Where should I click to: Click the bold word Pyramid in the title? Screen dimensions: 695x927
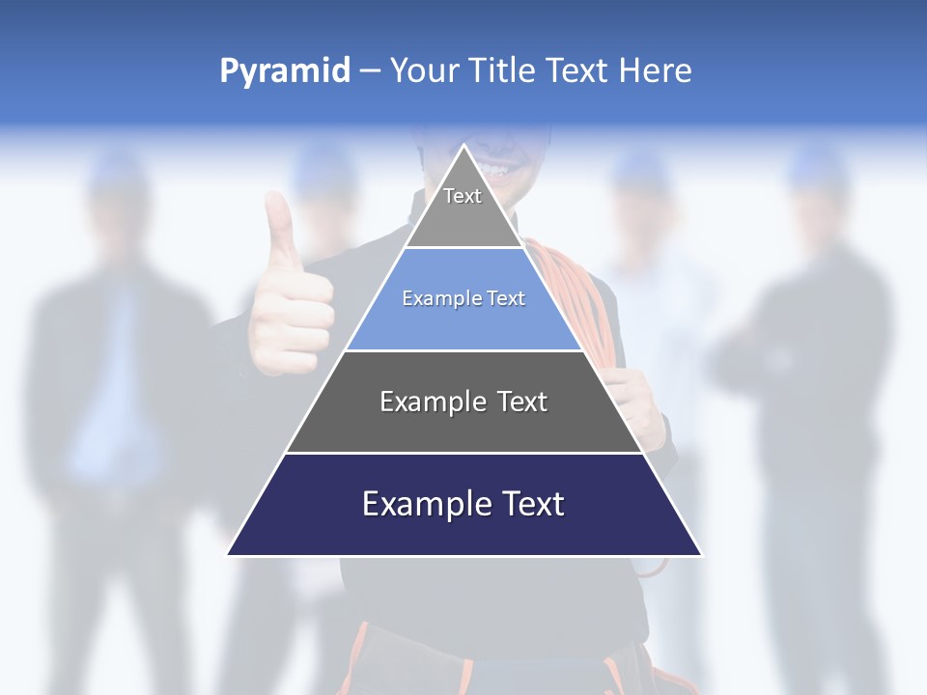coord(284,71)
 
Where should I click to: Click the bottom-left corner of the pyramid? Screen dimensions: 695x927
coord(228,555)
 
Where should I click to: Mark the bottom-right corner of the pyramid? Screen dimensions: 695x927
coord(702,555)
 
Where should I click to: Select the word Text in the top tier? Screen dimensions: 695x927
coord(463,196)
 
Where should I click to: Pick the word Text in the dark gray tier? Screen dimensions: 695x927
coord(520,402)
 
